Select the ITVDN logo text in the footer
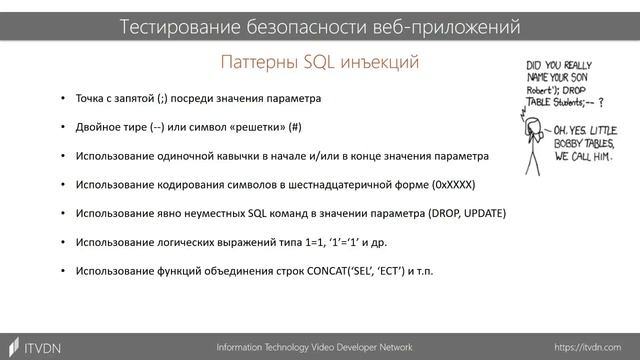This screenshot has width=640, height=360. [x=42, y=346]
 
